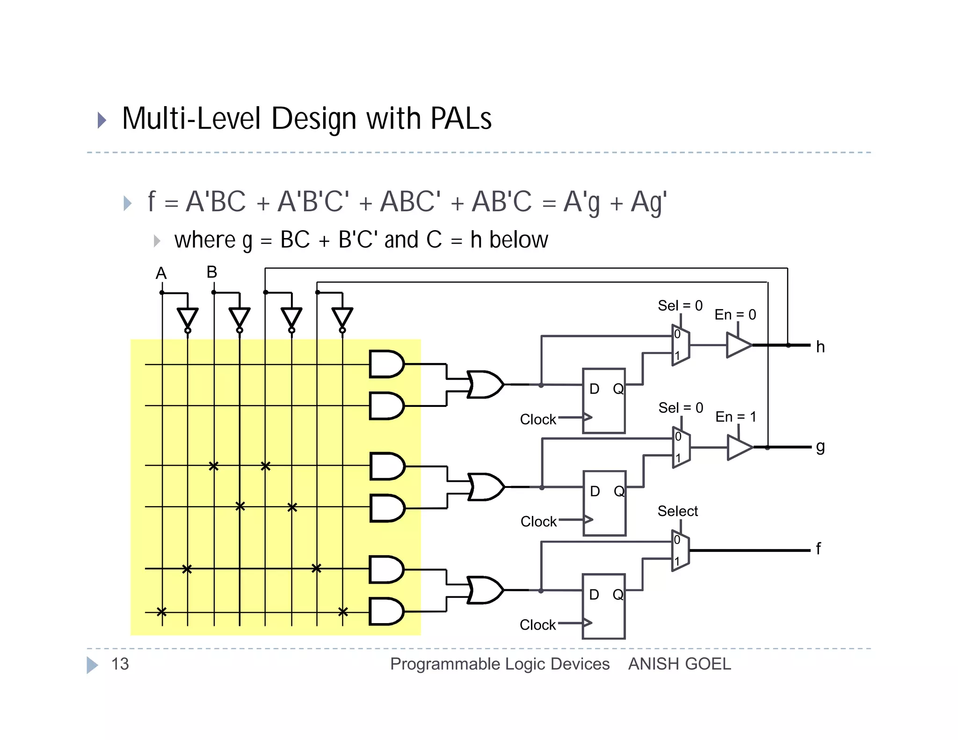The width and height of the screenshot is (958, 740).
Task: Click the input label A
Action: (161, 273)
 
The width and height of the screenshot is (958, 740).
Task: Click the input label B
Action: (212, 272)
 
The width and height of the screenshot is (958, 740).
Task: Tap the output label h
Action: (820, 347)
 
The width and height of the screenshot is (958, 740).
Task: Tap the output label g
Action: (820, 447)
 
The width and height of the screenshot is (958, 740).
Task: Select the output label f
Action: (818, 548)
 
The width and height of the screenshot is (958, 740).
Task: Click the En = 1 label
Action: (735, 416)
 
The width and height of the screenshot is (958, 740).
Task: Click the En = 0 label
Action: (735, 314)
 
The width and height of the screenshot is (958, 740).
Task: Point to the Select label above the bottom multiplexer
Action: (677, 511)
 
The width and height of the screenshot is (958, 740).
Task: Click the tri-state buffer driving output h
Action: (738, 345)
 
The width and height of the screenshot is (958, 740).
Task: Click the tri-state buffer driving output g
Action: (739, 447)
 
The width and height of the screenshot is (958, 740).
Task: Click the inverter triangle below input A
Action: (188, 318)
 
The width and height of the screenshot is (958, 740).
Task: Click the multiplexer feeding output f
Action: (681, 551)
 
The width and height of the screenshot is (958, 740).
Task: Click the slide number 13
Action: (120, 664)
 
